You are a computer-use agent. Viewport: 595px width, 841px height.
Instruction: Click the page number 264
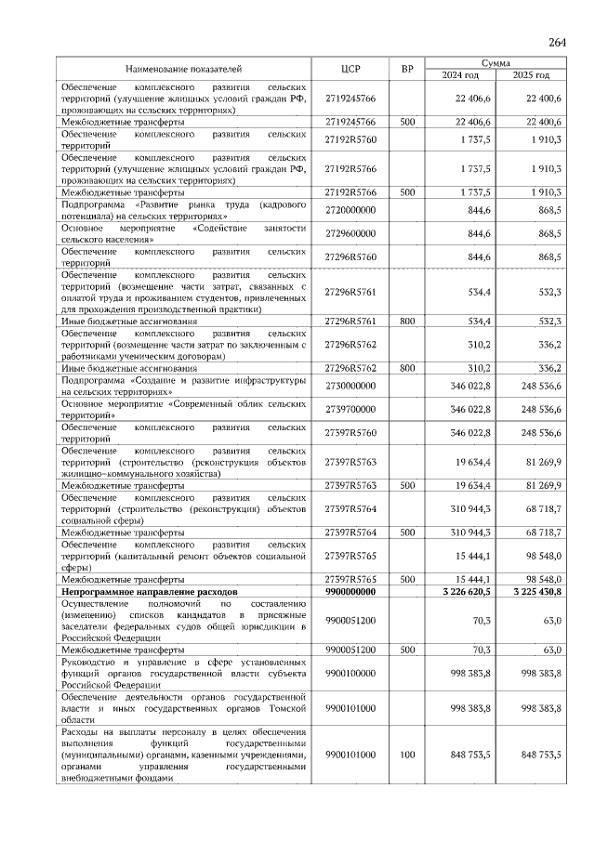[557, 43]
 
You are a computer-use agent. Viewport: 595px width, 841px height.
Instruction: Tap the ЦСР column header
[350, 69]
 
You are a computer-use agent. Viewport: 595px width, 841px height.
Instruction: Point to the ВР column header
[407, 69]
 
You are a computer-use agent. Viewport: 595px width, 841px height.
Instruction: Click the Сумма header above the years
[496, 62]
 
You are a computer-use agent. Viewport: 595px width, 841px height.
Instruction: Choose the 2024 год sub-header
[460, 75]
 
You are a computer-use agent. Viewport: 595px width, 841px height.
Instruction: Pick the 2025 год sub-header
[531, 75]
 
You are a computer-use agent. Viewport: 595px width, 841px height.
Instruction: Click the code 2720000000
[350, 211]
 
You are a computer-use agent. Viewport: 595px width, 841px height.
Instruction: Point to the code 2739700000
[350, 409]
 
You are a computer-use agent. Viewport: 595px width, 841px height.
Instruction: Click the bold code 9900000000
[350, 591]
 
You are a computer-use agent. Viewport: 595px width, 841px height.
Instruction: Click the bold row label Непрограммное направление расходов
[150, 591]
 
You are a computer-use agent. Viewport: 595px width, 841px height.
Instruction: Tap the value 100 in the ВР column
[407, 756]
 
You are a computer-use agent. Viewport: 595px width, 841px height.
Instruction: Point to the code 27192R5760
[350, 139]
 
